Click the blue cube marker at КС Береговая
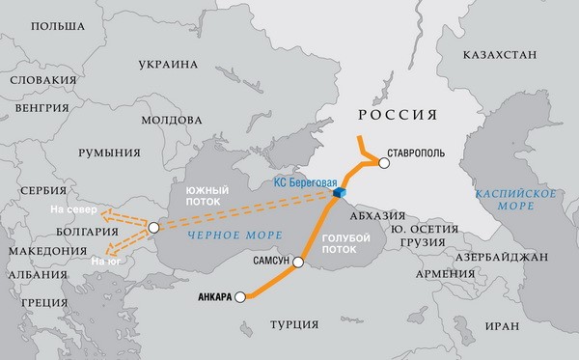(x=340, y=194)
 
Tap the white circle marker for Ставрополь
(x=385, y=164)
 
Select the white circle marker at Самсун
(x=298, y=262)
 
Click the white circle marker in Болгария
(x=153, y=228)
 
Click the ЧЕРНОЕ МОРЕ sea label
(x=223, y=235)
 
